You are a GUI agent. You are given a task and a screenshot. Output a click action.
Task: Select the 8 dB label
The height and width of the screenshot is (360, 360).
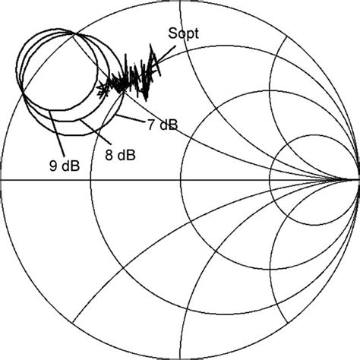point(120,155)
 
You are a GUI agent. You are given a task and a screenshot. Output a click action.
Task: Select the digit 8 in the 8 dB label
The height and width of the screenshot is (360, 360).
point(108,155)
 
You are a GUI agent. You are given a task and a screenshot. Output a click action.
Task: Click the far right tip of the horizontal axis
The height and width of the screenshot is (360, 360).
point(358,180)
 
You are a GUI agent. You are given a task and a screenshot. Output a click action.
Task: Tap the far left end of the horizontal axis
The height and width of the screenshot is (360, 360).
point(2,180)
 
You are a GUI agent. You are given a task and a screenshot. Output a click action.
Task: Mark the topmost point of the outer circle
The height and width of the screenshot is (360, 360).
point(180,2)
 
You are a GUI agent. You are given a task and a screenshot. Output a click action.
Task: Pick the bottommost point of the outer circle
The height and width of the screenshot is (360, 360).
point(180,358)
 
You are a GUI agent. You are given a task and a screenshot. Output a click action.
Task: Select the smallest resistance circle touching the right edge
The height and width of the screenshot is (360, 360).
point(315,180)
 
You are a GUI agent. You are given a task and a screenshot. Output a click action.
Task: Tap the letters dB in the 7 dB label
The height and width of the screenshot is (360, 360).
point(169,124)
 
